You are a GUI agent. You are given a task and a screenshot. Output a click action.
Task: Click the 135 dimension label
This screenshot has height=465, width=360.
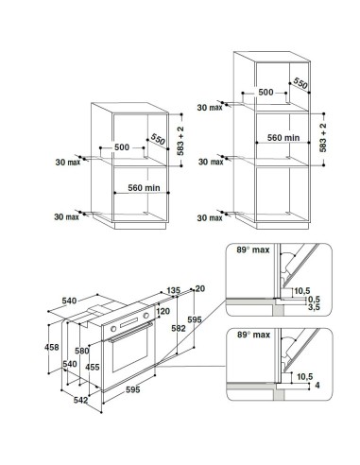pyautogui.click(x=173, y=290)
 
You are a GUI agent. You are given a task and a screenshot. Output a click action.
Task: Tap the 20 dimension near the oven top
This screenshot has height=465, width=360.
pyautogui.click(x=200, y=288)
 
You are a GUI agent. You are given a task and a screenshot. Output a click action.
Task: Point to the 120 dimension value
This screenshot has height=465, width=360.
pyautogui.click(x=163, y=311)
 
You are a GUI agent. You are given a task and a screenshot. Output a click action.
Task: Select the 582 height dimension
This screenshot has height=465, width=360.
pyautogui.click(x=179, y=328)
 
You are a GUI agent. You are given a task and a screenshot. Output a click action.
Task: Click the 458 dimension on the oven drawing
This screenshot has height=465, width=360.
pyautogui.click(x=52, y=347)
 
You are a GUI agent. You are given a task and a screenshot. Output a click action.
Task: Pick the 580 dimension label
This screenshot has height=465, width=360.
pyautogui.click(x=82, y=351)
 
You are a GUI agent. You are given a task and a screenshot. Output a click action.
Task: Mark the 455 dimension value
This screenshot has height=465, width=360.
pyautogui.click(x=93, y=367)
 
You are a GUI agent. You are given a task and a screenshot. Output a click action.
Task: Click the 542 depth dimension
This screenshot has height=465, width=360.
pyautogui.click(x=80, y=400)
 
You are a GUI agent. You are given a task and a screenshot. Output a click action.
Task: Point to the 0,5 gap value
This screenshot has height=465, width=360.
pyautogui.click(x=314, y=300)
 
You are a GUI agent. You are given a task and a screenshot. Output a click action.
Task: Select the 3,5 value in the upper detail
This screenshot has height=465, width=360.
pyautogui.click(x=314, y=307)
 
